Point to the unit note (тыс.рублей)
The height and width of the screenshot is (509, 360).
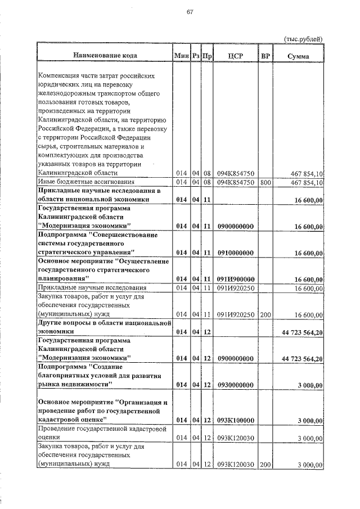[x=303, y=39]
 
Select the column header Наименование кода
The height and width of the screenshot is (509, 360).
[x=104, y=56]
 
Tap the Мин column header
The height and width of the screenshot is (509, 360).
[x=181, y=56]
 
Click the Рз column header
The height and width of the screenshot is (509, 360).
[x=195, y=56]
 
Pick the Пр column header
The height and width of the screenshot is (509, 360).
[x=206, y=56]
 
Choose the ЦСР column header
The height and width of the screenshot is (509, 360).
[x=236, y=56]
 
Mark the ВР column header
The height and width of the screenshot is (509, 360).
[x=265, y=56]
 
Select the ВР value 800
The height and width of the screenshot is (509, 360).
[x=265, y=182]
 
